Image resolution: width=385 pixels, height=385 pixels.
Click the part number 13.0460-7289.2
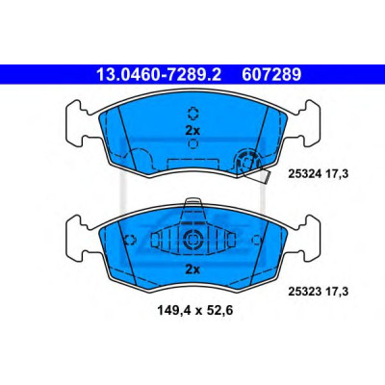tap(159, 75)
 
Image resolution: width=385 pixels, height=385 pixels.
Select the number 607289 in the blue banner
tap(271, 75)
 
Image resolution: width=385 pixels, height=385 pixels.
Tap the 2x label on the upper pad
tap(192, 131)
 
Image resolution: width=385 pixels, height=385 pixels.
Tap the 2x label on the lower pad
tap(192, 269)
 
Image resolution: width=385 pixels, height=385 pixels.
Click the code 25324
tap(305, 174)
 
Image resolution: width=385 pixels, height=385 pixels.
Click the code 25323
tap(305, 292)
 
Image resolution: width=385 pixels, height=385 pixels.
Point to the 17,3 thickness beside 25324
tap(338, 174)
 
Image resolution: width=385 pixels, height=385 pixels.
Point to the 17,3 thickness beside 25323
tap(338, 292)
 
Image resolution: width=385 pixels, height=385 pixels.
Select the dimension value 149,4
tap(172, 311)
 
